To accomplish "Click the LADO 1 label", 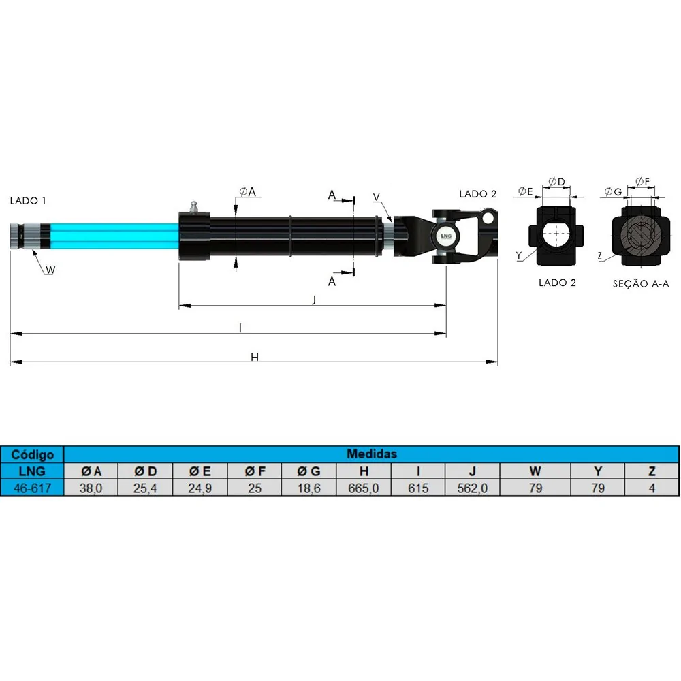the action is point(28,201).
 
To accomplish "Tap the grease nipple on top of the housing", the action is point(194,207).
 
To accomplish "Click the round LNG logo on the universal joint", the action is point(445,236).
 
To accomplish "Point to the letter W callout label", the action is point(50,270).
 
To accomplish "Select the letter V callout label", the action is point(377,197).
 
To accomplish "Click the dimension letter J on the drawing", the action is point(314,299).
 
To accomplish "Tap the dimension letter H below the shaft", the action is point(255,357).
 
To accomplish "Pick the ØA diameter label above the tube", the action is point(248,191).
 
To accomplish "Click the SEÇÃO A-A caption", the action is point(641,284).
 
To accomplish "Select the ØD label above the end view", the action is point(557,182).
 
